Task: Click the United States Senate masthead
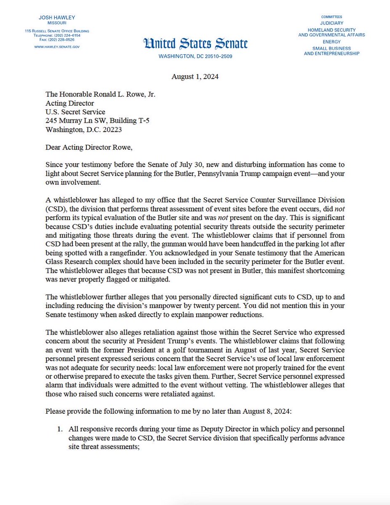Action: tap(195, 43)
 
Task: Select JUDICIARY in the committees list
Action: tap(331, 23)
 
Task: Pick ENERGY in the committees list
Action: tap(331, 42)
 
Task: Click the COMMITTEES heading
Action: tap(331, 16)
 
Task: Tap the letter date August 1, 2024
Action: tap(195, 77)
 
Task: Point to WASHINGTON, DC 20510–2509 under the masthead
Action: tap(195, 56)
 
